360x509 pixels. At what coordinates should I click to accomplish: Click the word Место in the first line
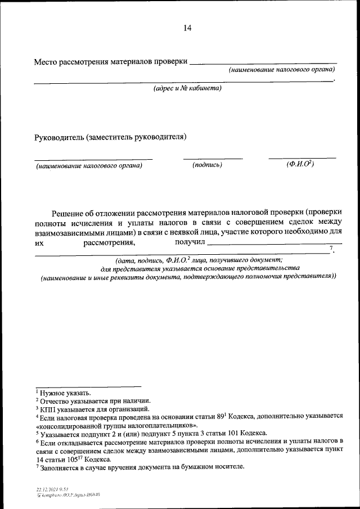[x=46, y=61]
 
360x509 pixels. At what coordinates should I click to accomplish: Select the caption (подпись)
[x=207, y=165]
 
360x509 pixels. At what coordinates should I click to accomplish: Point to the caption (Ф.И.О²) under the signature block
[x=299, y=164]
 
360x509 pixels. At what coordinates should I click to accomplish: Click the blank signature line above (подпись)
[x=213, y=159]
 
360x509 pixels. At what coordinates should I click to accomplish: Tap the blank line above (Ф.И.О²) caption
[x=302, y=158]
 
